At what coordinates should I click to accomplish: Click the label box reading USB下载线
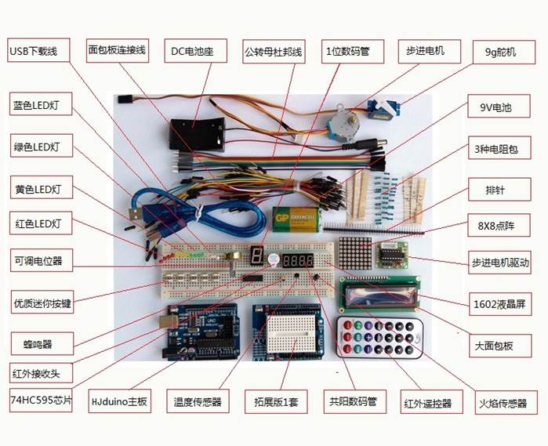pos(34,52)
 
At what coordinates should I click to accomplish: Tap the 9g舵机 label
pos(499,53)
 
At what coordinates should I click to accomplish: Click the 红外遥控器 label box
pos(428,403)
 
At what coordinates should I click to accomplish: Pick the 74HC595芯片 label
pos(41,398)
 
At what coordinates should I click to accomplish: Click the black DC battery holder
pos(197,132)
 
